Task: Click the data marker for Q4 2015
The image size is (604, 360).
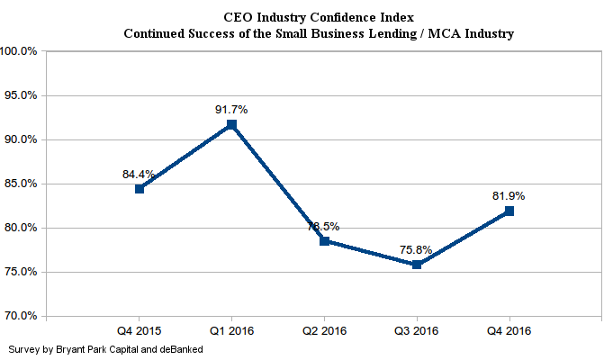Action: click(140, 189)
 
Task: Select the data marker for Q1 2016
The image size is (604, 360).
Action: click(231, 124)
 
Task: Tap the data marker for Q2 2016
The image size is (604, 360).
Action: click(324, 241)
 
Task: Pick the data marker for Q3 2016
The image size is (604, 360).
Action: click(417, 265)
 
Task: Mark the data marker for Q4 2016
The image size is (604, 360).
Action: click(509, 211)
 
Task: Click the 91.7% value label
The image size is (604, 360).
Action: click(231, 109)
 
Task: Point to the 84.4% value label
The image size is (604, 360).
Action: click(140, 174)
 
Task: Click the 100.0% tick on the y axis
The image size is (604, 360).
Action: click(19, 51)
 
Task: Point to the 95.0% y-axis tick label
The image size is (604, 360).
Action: click(21, 95)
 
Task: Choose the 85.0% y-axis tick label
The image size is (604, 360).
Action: click(21, 184)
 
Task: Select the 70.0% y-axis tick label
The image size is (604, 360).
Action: click(21, 316)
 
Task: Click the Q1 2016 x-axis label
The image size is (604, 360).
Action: click(231, 330)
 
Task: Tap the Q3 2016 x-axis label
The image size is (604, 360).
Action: click(417, 330)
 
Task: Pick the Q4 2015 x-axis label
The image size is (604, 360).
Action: click(140, 330)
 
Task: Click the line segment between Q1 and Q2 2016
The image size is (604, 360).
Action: click(277, 183)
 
